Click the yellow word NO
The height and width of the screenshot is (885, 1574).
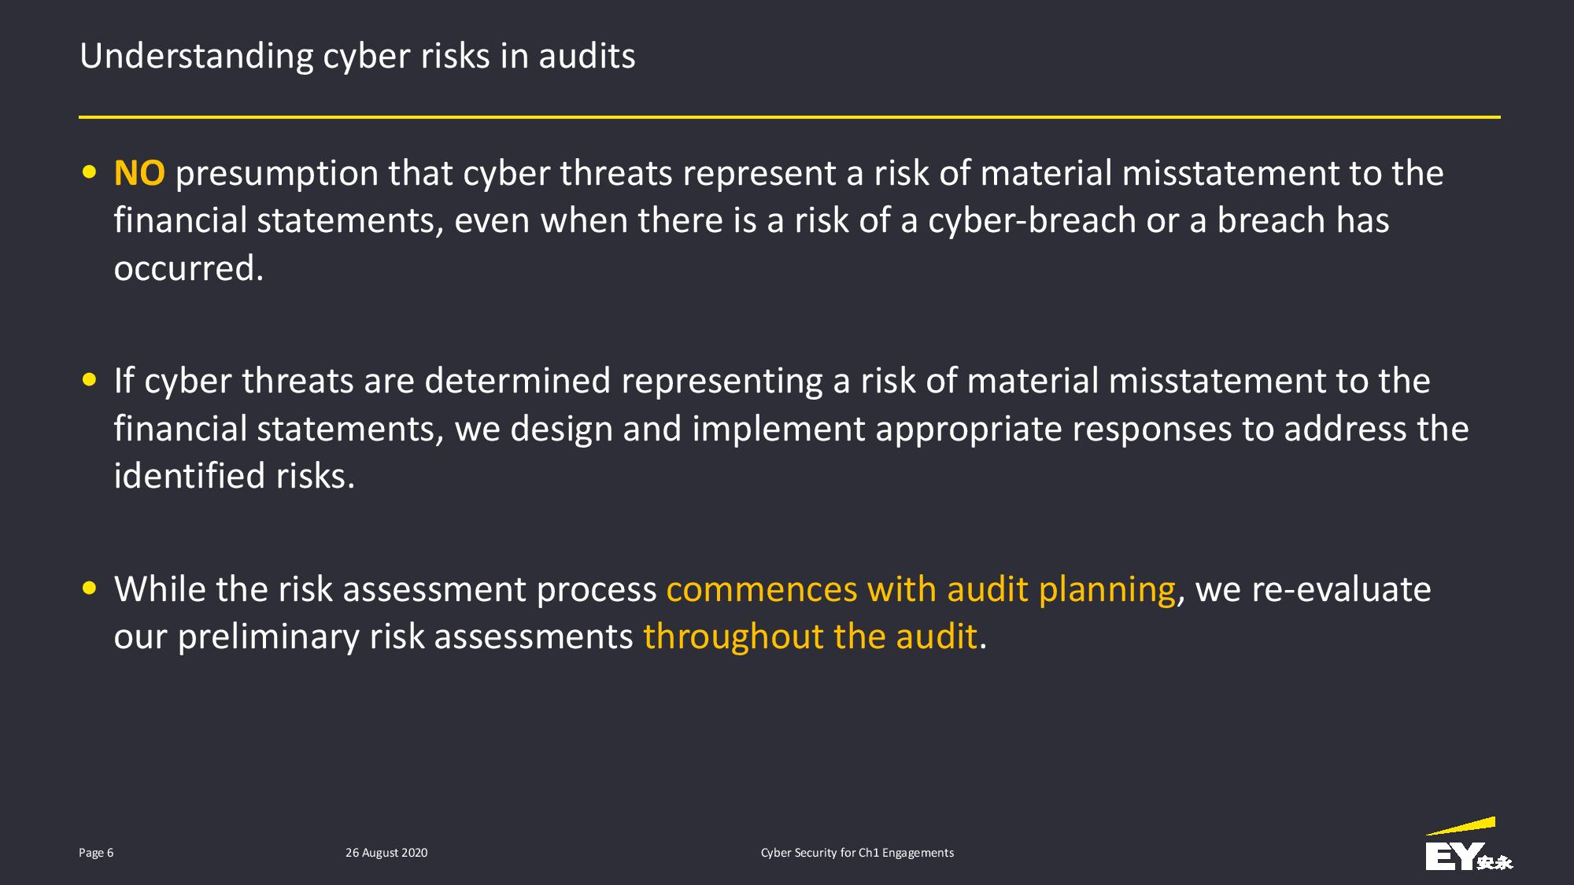[139, 173]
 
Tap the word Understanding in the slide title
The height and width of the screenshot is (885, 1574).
[197, 57]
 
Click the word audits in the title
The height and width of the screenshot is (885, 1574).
[587, 57]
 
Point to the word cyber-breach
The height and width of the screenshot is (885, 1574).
[1032, 221]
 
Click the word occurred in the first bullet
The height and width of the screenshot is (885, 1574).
[189, 269]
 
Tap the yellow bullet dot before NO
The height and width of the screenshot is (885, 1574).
[90, 172]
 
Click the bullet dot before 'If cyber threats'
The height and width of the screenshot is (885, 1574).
[90, 380]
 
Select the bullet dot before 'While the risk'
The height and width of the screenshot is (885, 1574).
[90, 588]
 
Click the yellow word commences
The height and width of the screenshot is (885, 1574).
[762, 590]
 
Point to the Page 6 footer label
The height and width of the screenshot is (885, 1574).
[96, 853]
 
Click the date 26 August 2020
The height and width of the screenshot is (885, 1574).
[386, 853]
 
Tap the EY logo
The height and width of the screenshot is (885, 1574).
[1469, 844]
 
